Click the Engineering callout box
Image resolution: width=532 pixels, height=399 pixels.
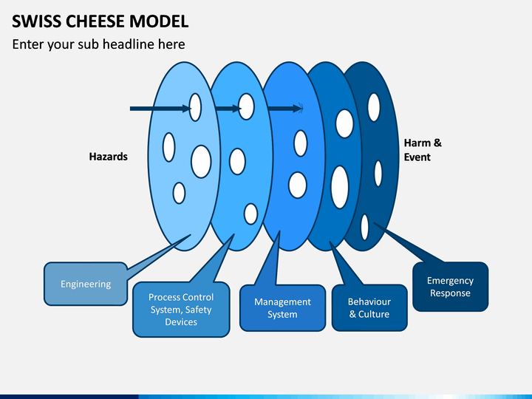click(x=86, y=284)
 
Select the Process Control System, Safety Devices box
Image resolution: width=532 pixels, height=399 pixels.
click(x=181, y=310)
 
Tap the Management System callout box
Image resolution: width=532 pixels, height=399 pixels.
click(x=282, y=308)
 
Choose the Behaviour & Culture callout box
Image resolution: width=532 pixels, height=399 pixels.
click(x=369, y=307)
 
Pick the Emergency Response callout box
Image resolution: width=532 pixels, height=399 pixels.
click(x=450, y=287)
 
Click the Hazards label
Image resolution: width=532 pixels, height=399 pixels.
click(x=108, y=157)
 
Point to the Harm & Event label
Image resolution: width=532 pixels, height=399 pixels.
click(x=423, y=150)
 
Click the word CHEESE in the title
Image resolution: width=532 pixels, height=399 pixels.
click(x=95, y=21)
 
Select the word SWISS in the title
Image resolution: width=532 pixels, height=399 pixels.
click(x=37, y=21)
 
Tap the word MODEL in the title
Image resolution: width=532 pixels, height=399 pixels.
click(x=159, y=21)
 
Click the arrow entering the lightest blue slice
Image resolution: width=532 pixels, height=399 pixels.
click(x=160, y=109)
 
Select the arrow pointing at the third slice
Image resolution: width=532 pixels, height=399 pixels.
click(x=285, y=109)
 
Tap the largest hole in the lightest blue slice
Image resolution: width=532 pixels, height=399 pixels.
click(x=201, y=162)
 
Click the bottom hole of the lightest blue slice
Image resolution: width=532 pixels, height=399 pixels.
click(x=179, y=193)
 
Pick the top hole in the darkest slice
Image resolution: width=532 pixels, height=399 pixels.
click(x=374, y=107)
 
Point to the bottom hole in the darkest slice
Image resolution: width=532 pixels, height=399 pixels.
click(x=365, y=227)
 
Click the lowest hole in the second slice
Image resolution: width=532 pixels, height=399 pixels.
click(x=250, y=214)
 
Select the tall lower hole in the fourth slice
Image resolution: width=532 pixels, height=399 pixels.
click(x=340, y=187)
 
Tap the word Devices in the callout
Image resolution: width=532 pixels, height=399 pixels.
click(x=181, y=322)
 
